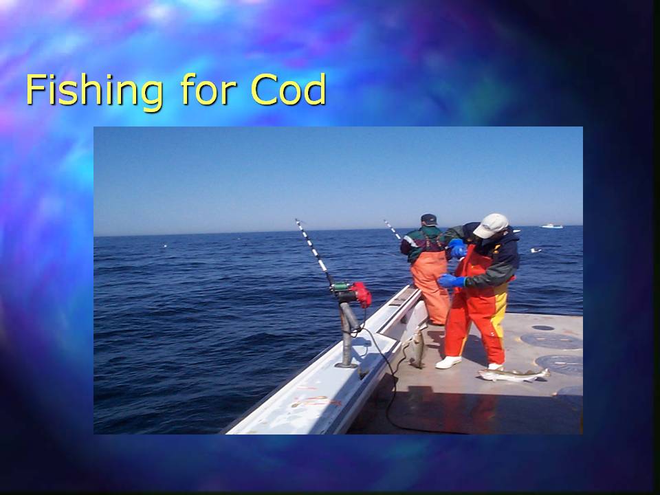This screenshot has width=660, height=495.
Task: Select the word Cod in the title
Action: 288,89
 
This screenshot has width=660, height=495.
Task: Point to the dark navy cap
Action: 428,219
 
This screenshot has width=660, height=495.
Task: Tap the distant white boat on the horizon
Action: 552,226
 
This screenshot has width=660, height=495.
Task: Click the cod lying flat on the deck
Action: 514,375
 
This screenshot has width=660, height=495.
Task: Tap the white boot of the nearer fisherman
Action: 448,362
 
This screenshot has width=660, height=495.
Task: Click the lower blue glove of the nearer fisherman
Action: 451,280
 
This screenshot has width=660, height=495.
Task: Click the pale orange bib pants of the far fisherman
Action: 429,286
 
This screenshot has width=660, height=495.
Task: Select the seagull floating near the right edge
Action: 536,250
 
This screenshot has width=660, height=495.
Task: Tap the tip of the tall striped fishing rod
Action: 296,219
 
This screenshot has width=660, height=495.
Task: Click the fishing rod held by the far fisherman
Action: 393,230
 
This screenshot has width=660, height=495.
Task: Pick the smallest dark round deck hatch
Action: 543,327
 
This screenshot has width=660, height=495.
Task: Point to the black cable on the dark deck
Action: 389,375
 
